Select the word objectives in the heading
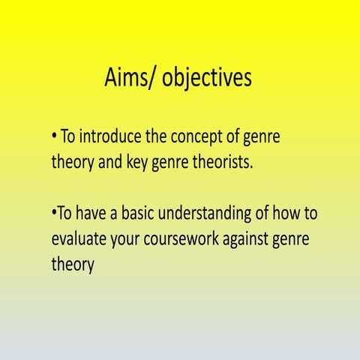tap(207, 79)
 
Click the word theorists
tap(220, 161)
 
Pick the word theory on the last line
tap(73, 265)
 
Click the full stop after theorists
tap(253, 166)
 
